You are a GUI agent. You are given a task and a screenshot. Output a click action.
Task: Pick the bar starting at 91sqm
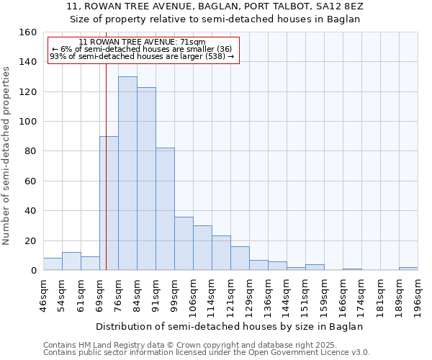[165, 209]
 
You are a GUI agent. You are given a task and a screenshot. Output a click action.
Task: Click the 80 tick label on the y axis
[30, 151]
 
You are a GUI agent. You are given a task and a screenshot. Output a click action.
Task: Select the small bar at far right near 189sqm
[408, 269]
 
